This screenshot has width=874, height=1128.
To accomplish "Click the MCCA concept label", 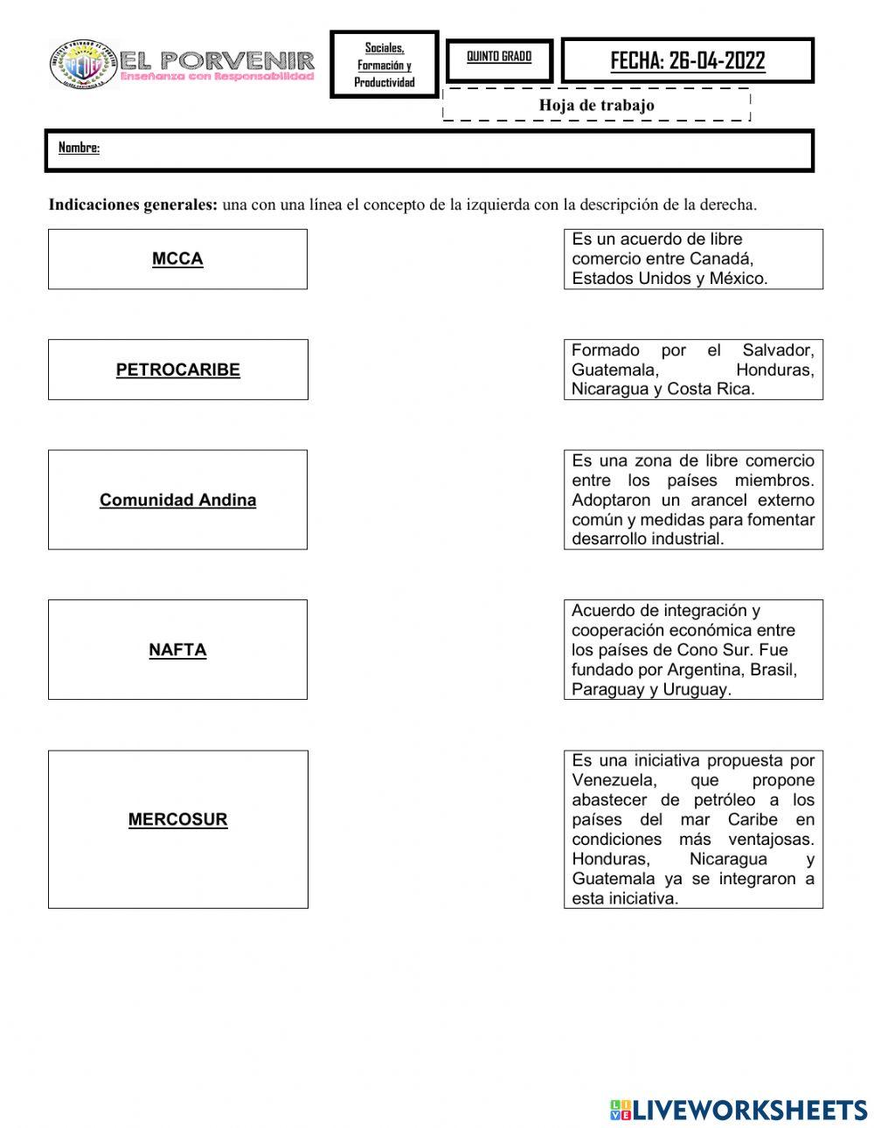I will click(x=177, y=259).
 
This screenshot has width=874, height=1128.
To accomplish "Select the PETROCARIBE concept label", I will click(x=177, y=370).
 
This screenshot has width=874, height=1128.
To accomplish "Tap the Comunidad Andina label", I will click(x=177, y=501).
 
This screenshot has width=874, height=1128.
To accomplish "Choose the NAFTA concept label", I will click(x=177, y=650).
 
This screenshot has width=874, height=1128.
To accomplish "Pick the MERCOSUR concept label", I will click(x=177, y=820).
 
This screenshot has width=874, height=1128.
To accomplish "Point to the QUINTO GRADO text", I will click(x=499, y=57).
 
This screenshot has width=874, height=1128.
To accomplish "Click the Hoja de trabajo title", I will click(x=596, y=106).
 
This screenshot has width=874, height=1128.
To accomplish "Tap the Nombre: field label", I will click(x=79, y=148).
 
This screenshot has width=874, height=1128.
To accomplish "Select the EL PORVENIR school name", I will click(x=218, y=60).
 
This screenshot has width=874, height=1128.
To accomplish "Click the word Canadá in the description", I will click(x=721, y=260).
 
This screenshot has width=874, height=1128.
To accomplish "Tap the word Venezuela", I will click(x=611, y=780).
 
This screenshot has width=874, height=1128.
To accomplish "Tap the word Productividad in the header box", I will click(x=385, y=83).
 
